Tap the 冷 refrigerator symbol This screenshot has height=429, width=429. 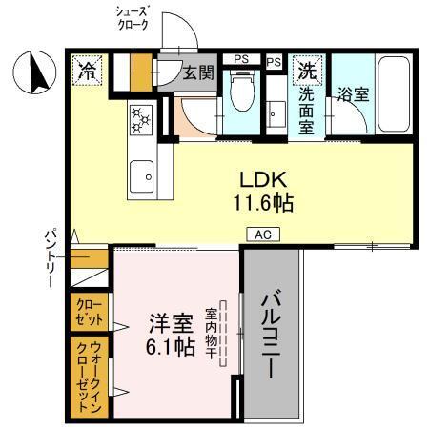tap(87, 70)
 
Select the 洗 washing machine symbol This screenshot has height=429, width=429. tap(308, 71)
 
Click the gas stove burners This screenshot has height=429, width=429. tap(141, 118)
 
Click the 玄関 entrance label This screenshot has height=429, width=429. tap(196, 71)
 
